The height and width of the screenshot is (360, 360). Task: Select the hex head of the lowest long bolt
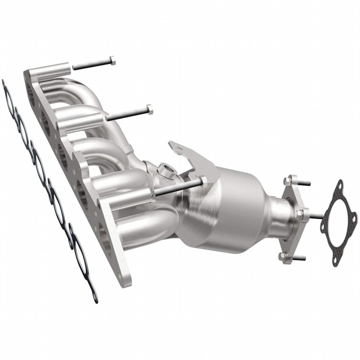(204, 181)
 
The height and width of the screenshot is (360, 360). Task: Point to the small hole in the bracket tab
(179, 148)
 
